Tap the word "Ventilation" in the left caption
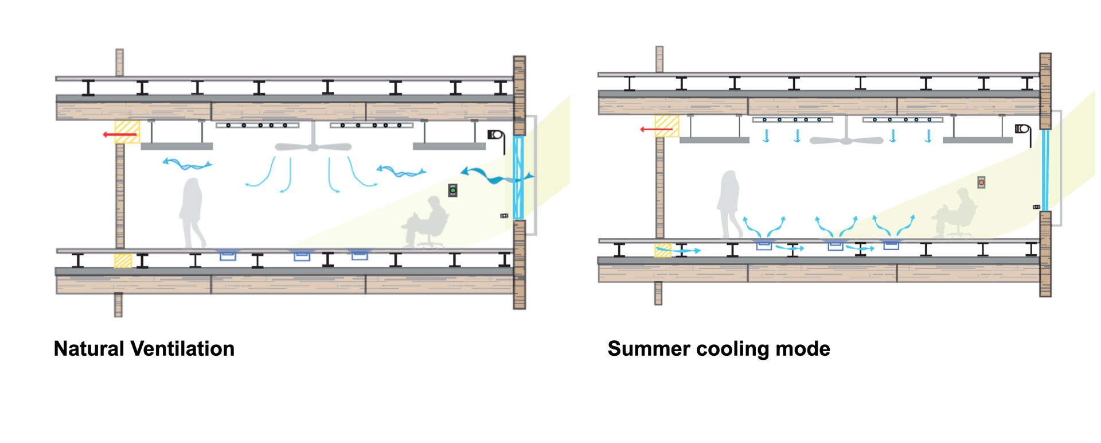coord(182,349)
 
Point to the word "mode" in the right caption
coord(802,349)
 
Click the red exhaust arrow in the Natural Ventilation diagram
coord(120,135)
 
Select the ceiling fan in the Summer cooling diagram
coord(846,139)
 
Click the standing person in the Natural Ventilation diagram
coord(192,212)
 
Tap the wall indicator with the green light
coord(452,191)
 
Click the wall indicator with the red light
coord(981,182)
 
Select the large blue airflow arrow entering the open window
coord(493,176)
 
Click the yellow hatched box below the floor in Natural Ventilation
coord(123,261)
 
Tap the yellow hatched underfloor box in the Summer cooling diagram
coord(662,250)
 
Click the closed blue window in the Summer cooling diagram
coord(1045,170)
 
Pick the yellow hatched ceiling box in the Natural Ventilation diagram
coord(127,131)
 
